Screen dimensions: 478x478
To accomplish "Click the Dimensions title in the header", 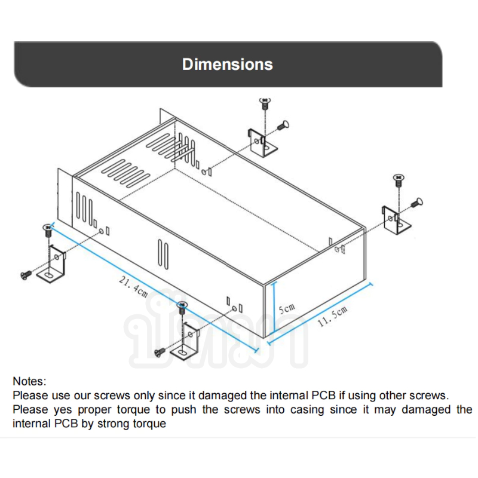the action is coord(228,65).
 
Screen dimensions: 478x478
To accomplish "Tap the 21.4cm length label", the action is coord(133,287).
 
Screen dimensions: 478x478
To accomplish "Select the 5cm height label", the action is coord(287,308).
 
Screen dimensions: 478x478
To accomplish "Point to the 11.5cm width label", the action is coord(333,316).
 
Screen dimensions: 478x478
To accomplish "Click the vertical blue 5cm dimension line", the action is coord(274,307).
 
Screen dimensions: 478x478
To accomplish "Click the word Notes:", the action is coord(29,381).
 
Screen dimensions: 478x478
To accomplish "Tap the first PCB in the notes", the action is coord(323,396).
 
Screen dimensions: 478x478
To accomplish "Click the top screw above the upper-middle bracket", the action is coord(265,103).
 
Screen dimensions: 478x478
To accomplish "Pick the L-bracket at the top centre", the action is coord(262,143).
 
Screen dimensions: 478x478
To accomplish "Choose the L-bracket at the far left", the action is coord(53,265).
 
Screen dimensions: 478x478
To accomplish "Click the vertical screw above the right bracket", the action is coord(399,180).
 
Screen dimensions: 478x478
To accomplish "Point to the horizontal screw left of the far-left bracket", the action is coord(26,275).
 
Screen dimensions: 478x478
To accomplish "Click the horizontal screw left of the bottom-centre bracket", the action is coord(160,353).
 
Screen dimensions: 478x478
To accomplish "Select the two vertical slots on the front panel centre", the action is coord(163,255).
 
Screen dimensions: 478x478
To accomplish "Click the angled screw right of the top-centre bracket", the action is coord(283,125).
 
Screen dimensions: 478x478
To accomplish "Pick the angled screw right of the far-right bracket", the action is coord(417,203).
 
